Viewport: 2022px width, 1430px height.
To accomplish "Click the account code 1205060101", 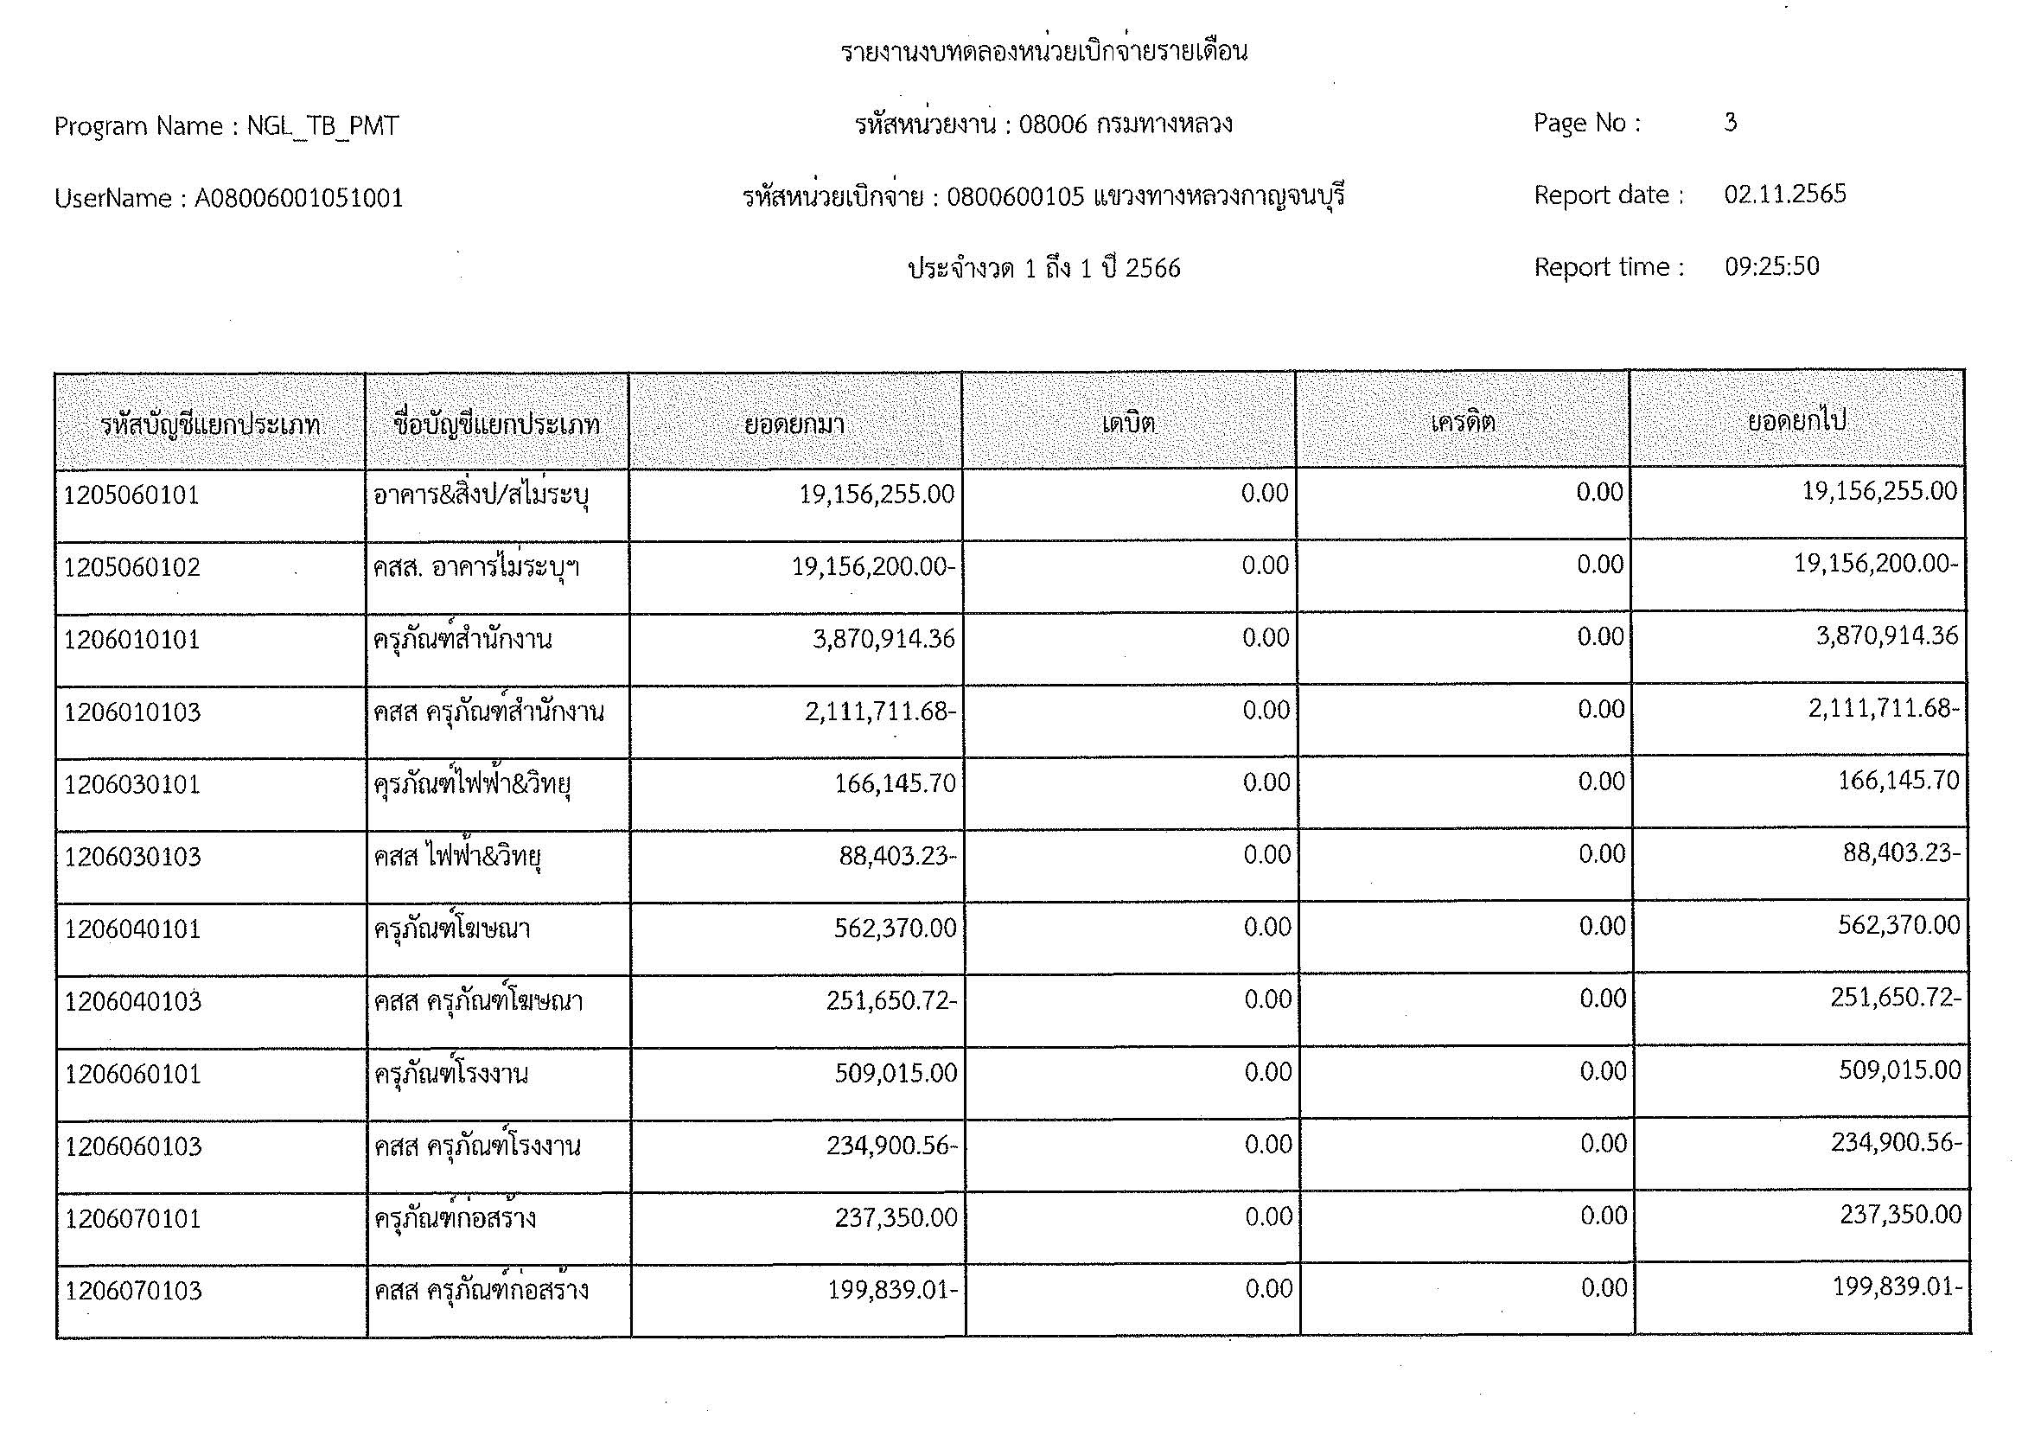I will coord(132,495).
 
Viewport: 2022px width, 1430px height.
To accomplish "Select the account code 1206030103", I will coord(133,857).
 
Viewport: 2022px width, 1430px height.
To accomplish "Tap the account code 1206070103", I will coord(134,1292).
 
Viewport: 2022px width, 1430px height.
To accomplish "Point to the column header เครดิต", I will coord(1463,423).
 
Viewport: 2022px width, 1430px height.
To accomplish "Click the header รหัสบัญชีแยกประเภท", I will coord(209,425).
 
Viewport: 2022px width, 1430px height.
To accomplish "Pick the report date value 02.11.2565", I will coord(1784,195).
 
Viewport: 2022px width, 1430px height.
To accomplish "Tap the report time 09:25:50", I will coord(1771,267).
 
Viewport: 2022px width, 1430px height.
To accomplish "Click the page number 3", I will coord(1730,123).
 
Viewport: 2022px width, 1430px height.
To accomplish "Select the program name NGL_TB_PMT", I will coord(322,127).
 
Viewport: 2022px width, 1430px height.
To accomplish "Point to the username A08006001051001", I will coord(298,198).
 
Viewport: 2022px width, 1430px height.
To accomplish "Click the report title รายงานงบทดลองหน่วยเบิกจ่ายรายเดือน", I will coord(1043,52).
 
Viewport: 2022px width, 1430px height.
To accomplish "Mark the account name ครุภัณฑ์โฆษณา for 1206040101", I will coord(452,929).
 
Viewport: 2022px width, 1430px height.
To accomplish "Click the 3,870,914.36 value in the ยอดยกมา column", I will coord(883,639).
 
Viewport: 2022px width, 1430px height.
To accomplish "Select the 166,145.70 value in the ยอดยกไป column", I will coord(1898,781).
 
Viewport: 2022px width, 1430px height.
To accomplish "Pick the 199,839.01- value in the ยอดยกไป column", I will coord(1897,1287).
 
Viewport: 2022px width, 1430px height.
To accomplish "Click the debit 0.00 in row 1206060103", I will coord(1267,1145).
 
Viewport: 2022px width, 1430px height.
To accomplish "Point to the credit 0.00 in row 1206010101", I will coord(1600,637).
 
